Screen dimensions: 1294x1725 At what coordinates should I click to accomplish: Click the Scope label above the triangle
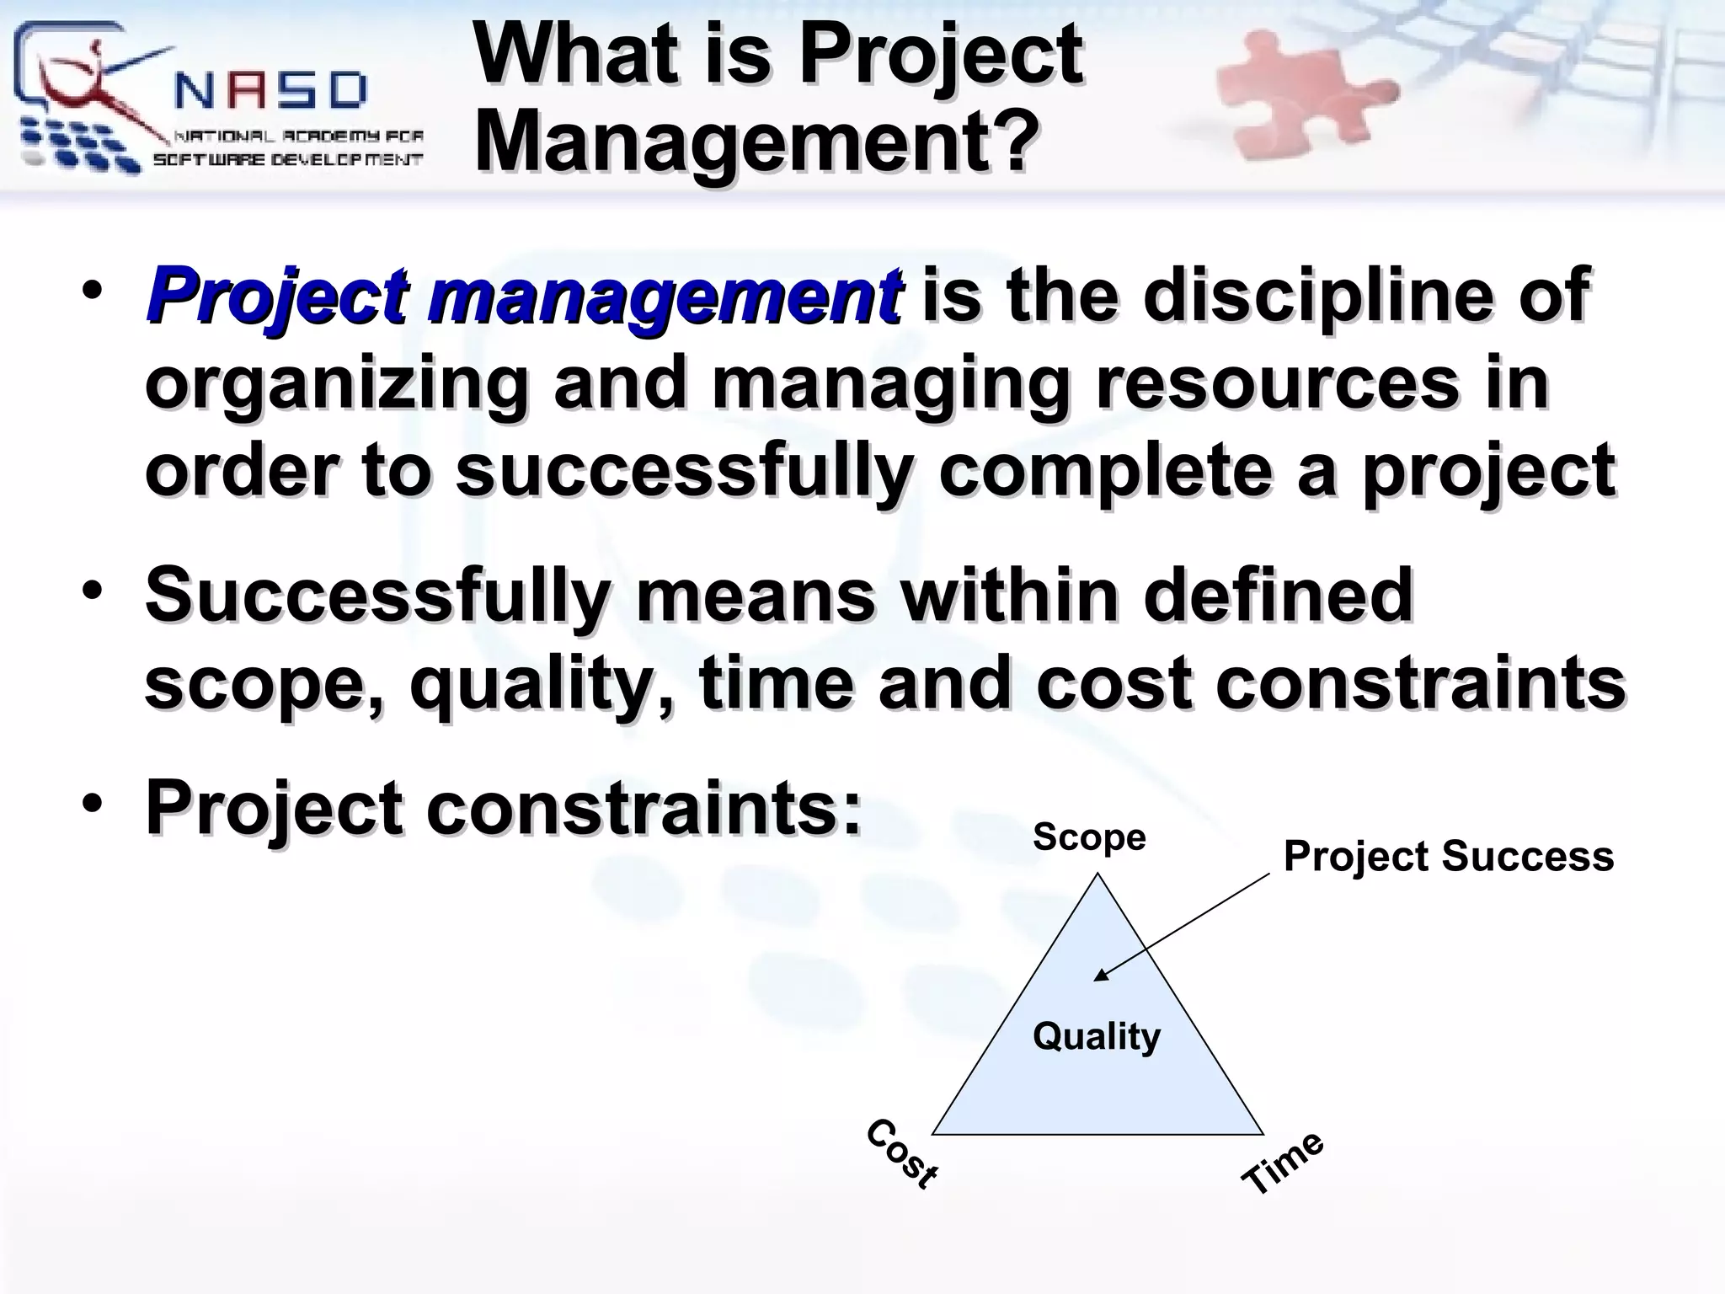(1089, 837)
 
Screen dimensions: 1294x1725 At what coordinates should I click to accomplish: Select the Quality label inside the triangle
(1096, 1036)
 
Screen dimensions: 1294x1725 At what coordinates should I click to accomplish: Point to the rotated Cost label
(902, 1154)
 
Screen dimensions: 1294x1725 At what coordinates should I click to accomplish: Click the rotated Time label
(1283, 1163)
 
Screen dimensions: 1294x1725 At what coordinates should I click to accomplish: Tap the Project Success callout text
(1448, 857)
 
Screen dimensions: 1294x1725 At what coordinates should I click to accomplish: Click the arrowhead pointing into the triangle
(1099, 976)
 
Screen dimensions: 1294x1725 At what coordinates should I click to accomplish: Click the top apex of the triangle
(1097, 875)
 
